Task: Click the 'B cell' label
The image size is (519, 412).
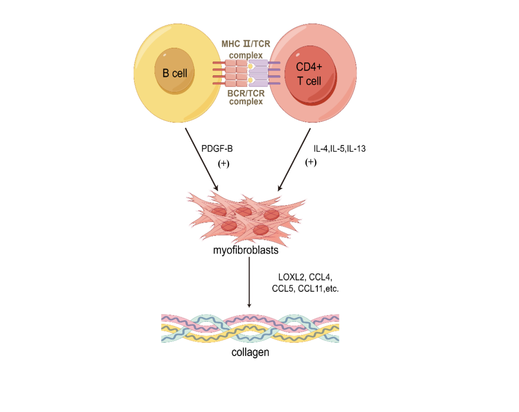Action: (175, 73)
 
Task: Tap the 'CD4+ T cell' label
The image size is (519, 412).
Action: (309, 74)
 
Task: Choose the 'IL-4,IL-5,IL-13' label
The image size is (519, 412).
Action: (340, 148)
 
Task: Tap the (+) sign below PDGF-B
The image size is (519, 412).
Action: (223, 164)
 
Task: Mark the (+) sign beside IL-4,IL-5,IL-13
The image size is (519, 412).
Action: (311, 162)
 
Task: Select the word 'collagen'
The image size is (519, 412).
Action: (250, 352)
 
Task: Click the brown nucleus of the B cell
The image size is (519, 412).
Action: (175, 74)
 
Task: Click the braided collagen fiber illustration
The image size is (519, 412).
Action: (250, 328)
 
